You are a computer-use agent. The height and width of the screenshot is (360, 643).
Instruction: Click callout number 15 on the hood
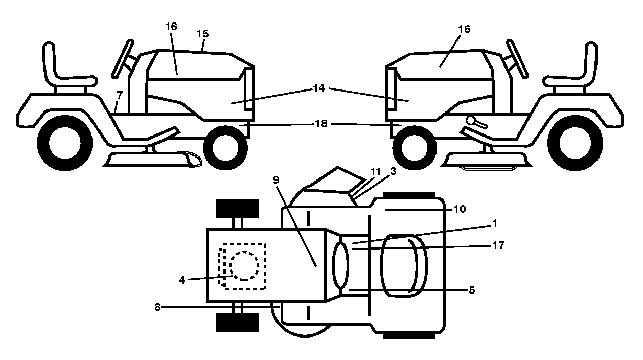202,34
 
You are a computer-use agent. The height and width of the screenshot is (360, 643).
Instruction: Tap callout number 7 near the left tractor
120,95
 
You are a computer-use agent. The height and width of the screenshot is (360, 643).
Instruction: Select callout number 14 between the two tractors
319,88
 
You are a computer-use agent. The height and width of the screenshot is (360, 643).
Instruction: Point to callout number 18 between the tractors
321,123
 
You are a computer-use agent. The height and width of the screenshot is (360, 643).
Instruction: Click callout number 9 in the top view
276,179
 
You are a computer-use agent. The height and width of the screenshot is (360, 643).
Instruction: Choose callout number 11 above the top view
376,172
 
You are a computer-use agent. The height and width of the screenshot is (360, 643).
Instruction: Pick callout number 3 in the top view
393,171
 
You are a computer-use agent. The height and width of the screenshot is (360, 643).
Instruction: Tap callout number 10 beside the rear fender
460,209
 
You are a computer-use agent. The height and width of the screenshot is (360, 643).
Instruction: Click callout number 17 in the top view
498,245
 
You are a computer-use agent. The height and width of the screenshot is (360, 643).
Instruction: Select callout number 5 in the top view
472,290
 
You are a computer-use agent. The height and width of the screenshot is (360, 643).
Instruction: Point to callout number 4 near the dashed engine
182,280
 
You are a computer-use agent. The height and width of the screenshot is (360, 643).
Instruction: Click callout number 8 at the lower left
157,307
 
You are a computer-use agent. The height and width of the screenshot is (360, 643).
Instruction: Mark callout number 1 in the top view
495,223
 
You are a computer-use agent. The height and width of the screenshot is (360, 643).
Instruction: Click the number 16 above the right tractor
464,29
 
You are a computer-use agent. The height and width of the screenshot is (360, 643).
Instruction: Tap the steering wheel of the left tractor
123,59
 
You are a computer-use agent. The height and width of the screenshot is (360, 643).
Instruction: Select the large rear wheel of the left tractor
65,143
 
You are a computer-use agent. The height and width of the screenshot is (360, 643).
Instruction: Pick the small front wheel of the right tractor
414,148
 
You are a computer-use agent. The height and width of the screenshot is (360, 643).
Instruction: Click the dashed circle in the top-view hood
244,266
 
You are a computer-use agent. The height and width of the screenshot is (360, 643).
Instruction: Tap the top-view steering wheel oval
340,264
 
